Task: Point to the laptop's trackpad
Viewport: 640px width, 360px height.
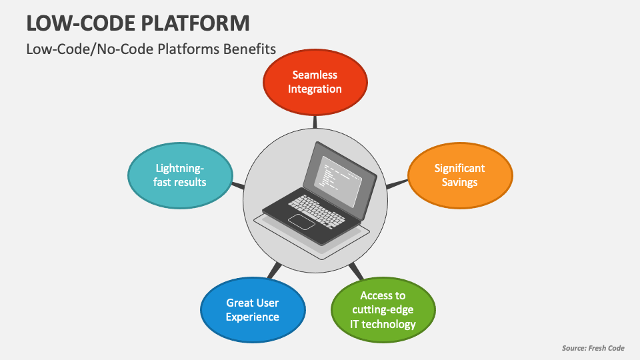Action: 301,222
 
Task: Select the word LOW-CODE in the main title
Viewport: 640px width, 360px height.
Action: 74,23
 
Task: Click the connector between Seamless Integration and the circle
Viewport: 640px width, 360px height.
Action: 315,121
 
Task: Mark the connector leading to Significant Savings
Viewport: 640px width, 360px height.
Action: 397,184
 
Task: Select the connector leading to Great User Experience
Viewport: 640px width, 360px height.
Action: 273,271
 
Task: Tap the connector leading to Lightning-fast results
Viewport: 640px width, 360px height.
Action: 237,185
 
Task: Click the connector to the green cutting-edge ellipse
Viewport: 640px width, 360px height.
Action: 357,270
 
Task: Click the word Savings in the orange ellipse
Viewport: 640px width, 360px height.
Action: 459,182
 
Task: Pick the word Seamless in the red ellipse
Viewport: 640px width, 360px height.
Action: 315,75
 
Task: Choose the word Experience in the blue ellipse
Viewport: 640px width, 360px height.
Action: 252,317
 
